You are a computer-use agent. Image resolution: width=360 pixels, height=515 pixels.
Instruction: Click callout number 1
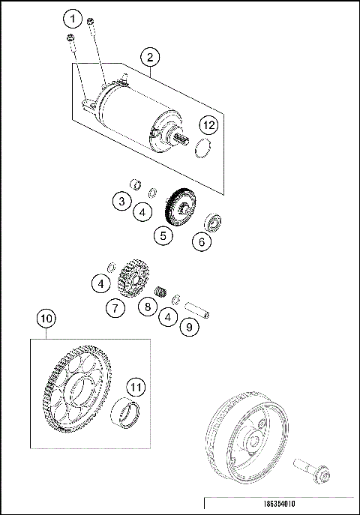(73, 17)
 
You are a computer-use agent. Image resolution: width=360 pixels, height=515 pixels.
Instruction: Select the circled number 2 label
(151, 57)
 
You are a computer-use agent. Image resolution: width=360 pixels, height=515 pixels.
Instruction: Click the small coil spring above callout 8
(159, 291)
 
